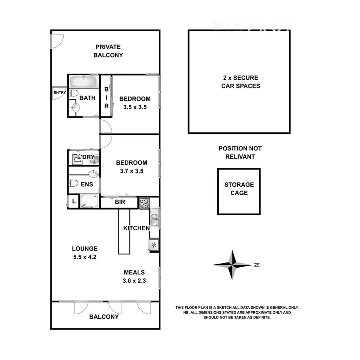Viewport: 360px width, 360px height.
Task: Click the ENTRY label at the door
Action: point(59,93)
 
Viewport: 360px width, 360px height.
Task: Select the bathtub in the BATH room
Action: point(83,83)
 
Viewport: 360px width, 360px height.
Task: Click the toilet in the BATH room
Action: point(73,94)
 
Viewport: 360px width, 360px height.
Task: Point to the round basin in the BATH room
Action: point(75,108)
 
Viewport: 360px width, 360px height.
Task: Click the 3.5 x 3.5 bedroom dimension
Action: point(135,107)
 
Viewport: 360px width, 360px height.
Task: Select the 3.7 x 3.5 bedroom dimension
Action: point(131,170)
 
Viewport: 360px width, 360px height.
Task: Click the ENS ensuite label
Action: point(86,184)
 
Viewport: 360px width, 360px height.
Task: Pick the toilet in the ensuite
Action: point(73,184)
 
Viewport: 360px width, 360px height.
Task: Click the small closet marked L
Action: point(73,202)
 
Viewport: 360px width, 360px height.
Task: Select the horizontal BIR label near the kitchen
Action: point(120,202)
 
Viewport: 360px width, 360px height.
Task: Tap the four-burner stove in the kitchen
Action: point(144,203)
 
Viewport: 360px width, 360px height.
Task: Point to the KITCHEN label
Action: point(136,228)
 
